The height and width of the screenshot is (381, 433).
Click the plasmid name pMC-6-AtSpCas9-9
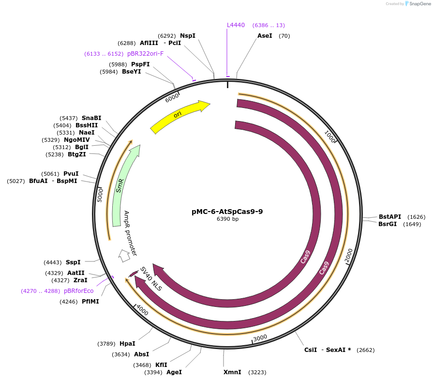[x=227, y=212]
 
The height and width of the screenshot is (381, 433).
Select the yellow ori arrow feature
[x=179, y=116]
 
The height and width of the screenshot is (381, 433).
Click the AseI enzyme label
[x=265, y=36]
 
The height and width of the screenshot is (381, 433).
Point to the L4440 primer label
[x=236, y=25]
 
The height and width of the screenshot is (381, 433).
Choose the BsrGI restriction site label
[x=387, y=224]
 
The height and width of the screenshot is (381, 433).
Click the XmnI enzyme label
[x=232, y=372]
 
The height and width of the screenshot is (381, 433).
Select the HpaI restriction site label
[x=127, y=344]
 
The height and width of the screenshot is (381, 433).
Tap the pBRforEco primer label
[x=78, y=291]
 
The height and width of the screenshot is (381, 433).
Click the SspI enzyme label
[x=73, y=262]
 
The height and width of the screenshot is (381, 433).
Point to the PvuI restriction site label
[x=71, y=174]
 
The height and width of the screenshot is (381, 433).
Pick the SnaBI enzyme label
[x=91, y=118]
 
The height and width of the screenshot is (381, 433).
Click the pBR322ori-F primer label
[x=145, y=54]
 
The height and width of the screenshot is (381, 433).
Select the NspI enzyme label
[x=188, y=36]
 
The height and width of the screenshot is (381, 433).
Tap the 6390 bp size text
[x=227, y=219]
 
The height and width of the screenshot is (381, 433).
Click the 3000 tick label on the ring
[x=260, y=337]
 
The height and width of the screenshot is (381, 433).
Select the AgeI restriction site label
[x=174, y=372]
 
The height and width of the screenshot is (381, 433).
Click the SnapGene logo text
[x=417, y=4]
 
